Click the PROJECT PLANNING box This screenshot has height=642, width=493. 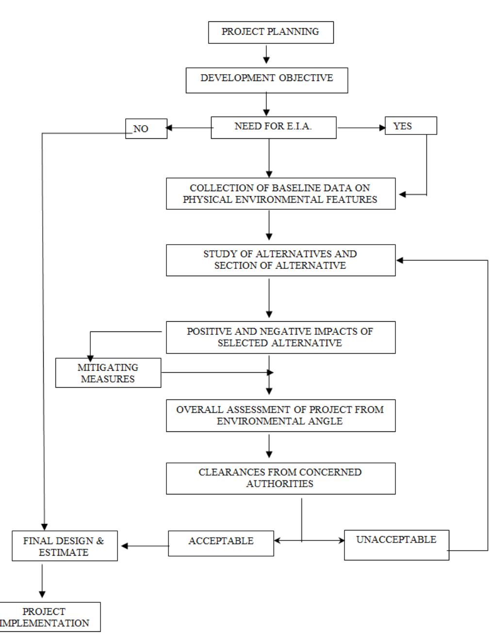click(x=270, y=32)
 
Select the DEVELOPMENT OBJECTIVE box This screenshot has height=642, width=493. click(x=266, y=78)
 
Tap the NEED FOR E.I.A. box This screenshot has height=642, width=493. click(x=273, y=128)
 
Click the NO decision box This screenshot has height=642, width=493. click(x=146, y=129)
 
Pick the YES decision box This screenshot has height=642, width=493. click(x=411, y=126)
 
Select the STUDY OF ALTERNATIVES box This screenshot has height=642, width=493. click(x=280, y=260)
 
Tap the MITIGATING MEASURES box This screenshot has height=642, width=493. click(x=108, y=373)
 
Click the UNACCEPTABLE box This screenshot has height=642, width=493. click(x=396, y=545)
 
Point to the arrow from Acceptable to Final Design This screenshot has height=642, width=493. click(x=144, y=546)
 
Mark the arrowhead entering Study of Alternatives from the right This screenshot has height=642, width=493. click(x=400, y=261)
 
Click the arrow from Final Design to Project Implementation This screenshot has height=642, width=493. click(x=42, y=580)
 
